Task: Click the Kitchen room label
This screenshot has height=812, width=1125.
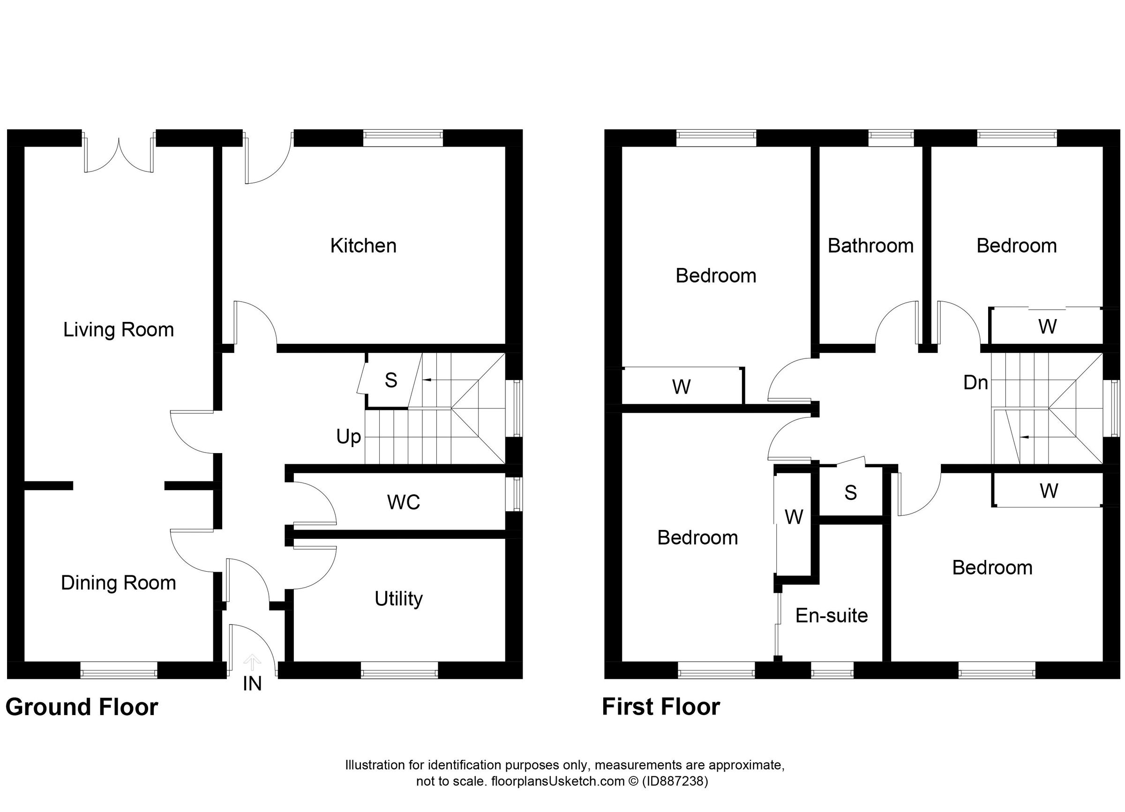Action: click(x=363, y=246)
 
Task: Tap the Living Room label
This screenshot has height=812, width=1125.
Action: click(x=118, y=330)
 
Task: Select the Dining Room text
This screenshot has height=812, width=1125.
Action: click(x=118, y=583)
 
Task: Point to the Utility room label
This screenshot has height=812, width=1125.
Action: click(x=398, y=599)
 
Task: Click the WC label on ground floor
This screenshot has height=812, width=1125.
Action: click(x=403, y=503)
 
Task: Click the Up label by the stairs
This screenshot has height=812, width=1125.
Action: click(x=348, y=437)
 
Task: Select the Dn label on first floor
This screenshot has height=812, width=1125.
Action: click(x=975, y=383)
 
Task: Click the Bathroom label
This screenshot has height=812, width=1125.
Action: click(x=870, y=246)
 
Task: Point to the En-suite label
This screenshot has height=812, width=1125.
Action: click(x=832, y=616)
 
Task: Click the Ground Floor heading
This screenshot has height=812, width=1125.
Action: click(x=82, y=707)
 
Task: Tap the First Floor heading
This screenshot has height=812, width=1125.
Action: click(x=661, y=707)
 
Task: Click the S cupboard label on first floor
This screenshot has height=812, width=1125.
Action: click(x=850, y=493)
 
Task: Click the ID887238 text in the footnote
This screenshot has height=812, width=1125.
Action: click(x=675, y=782)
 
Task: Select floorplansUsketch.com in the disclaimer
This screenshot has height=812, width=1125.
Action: click(x=557, y=782)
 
